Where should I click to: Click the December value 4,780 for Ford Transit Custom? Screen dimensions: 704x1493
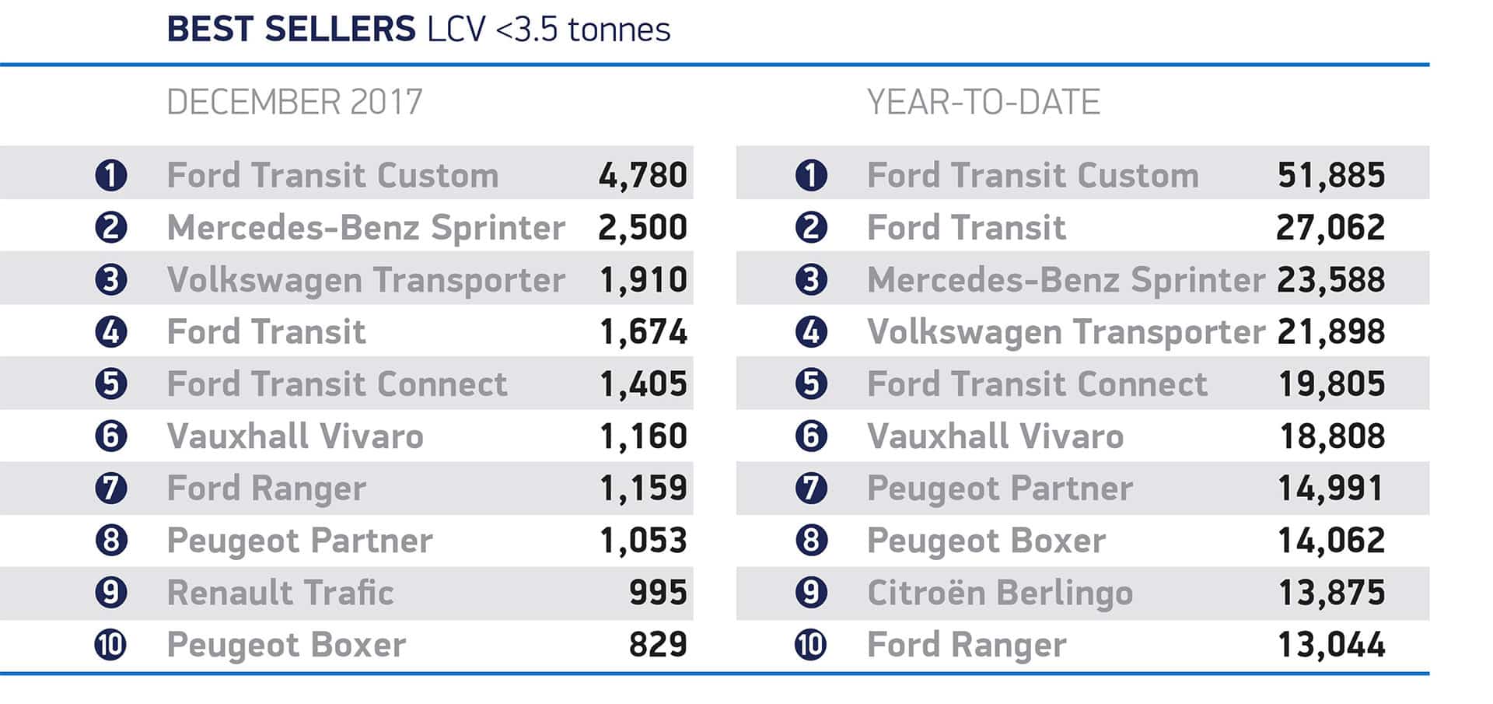pyautogui.click(x=642, y=175)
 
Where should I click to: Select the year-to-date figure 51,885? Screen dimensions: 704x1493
pyautogui.click(x=1330, y=175)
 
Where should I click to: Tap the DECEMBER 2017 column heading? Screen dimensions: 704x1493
pyautogui.click(x=295, y=102)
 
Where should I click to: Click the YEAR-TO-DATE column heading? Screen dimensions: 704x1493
pyautogui.click(x=984, y=102)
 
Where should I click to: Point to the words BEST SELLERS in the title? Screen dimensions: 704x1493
pyautogui.click(x=292, y=30)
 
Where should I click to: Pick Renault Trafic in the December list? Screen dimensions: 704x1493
pyautogui.click(x=280, y=593)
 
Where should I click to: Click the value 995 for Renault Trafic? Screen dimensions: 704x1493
pyautogui.click(x=658, y=593)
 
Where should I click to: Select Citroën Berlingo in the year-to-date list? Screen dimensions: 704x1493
pyautogui.click(x=1000, y=593)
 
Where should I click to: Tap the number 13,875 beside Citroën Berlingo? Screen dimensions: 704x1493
pyautogui.click(x=1331, y=593)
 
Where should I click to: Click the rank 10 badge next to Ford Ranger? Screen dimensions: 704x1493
pyautogui.click(x=811, y=645)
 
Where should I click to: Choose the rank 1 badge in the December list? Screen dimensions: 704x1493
pyautogui.click(x=111, y=175)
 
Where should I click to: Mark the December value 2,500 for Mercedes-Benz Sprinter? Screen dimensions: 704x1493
pyautogui.click(x=642, y=227)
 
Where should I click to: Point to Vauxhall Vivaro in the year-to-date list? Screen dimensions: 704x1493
pyautogui.click(x=995, y=436)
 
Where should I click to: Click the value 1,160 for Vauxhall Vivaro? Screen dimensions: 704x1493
pyautogui.click(x=643, y=436)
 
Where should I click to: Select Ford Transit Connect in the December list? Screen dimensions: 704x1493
pyautogui.click(x=337, y=384)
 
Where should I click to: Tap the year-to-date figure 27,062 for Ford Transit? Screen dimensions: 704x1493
pyautogui.click(x=1330, y=227)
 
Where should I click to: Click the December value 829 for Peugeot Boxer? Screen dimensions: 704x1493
pyautogui.click(x=658, y=645)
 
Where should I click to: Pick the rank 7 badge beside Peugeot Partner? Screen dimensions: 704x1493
pyautogui.click(x=811, y=489)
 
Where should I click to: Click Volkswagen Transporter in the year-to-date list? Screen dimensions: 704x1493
pyautogui.click(x=1066, y=332)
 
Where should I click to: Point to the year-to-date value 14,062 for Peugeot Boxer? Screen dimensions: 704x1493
pyautogui.click(x=1331, y=541)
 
